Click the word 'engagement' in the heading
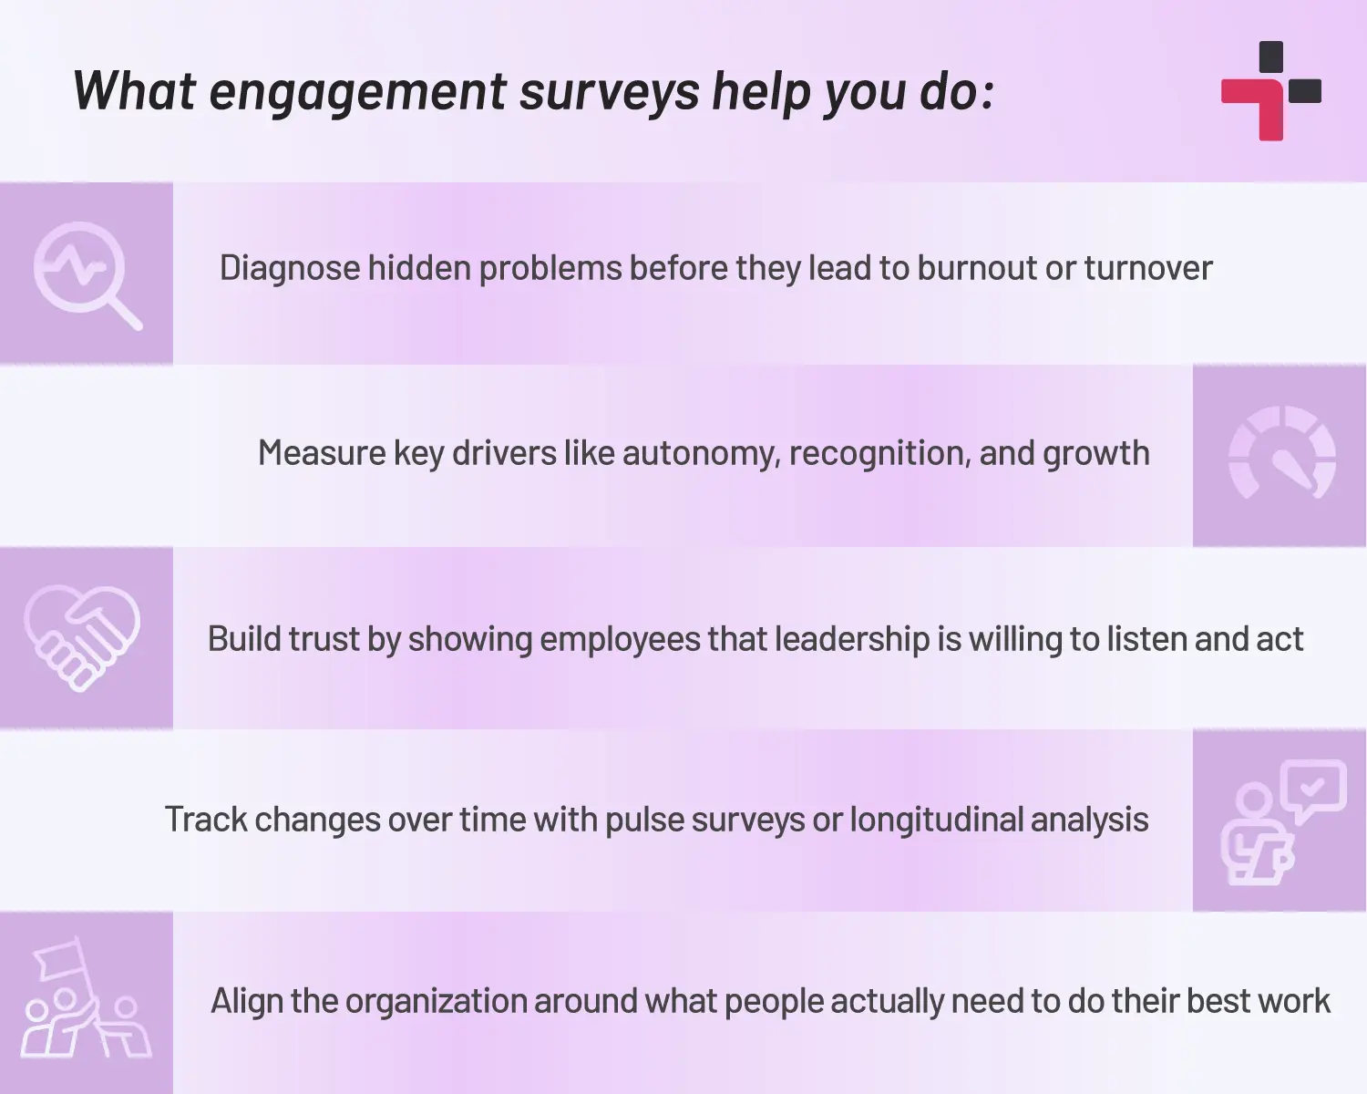[x=357, y=93]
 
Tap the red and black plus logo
[x=1271, y=91]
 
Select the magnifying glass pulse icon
[x=87, y=275]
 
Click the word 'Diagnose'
[x=290, y=268]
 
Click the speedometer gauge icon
[x=1282, y=453]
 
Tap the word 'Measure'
[x=322, y=453]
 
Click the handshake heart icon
[x=82, y=638]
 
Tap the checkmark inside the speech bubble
[x=1311, y=789]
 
